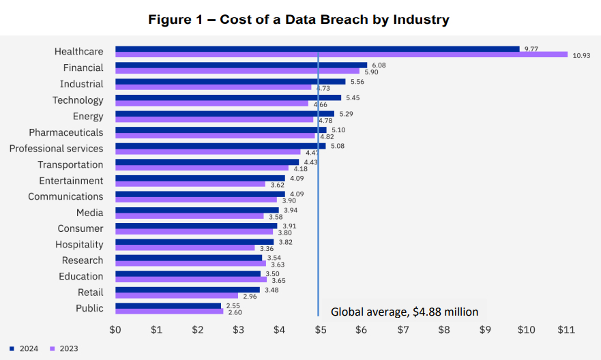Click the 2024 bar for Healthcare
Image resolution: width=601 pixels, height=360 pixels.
tap(317, 49)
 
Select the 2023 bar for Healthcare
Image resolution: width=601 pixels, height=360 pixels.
tap(341, 55)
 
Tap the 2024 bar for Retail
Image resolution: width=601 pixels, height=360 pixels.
tap(188, 290)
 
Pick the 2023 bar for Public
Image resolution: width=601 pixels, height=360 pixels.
tap(169, 312)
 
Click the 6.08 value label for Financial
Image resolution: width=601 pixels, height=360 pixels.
tap(379, 65)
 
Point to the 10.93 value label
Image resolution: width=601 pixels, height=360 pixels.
tap(581, 55)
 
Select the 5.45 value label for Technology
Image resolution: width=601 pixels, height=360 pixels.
tap(353, 97)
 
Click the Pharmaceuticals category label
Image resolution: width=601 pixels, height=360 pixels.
tap(66, 132)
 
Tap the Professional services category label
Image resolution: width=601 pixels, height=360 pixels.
tap(56, 149)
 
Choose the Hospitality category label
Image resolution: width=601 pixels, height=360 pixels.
tap(79, 244)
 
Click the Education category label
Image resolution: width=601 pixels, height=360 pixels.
tap(80, 276)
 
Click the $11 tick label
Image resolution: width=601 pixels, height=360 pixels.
tap(567, 330)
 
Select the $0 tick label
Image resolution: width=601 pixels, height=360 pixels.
tap(115, 330)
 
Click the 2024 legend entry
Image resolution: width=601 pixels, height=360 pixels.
tap(25, 348)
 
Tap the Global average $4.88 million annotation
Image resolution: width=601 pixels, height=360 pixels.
tap(405, 312)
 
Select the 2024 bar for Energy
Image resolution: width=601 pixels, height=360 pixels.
tap(224, 114)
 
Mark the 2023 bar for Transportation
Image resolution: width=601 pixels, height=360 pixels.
tap(202, 168)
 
